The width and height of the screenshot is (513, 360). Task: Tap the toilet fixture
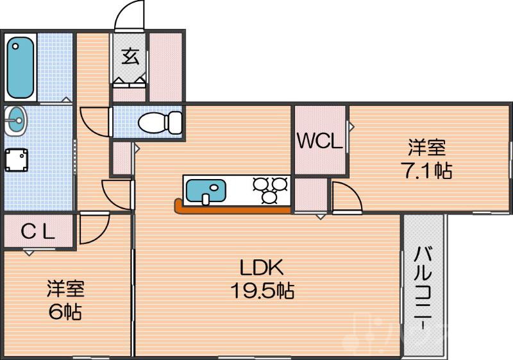pos(160,121)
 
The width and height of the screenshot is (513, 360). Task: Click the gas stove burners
pos(271,191)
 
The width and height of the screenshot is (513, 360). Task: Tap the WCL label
pos(319,141)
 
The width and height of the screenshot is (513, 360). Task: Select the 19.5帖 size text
pos(262,291)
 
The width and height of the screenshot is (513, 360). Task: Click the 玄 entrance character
pos(130,56)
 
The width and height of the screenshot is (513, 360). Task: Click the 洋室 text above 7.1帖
pos(428,148)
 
